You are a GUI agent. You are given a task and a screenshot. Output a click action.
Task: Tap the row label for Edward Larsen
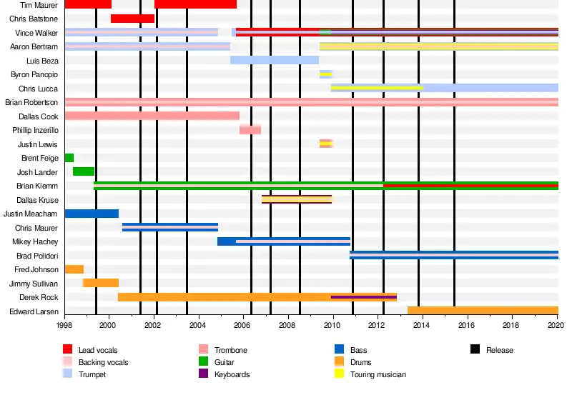(x=34, y=311)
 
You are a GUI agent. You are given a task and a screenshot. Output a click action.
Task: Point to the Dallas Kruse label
(x=37, y=200)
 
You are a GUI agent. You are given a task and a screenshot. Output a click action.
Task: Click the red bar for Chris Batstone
(x=132, y=19)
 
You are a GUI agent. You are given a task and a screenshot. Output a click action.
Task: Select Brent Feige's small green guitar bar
(x=69, y=158)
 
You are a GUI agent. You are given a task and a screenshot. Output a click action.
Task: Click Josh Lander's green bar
(x=84, y=171)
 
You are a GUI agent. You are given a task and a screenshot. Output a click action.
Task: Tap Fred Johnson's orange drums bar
(x=74, y=269)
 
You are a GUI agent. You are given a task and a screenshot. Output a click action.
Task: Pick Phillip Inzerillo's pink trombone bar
(x=250, y=130)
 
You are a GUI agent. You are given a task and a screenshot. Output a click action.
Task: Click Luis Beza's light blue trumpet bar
(x=275, y=60)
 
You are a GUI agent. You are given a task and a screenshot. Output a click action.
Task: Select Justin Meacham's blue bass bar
(x=92, y=214)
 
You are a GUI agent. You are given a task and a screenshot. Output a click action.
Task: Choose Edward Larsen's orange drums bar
(x=483, y=311)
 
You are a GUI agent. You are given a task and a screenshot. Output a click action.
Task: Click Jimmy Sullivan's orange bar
(x=101, y=283)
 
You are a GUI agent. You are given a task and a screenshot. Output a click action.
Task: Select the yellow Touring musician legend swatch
(x=340, y=374)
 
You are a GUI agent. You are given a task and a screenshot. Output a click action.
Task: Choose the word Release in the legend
(x=499, y=350)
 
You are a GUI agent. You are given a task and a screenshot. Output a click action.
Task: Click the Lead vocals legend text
(x=97, y=350)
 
